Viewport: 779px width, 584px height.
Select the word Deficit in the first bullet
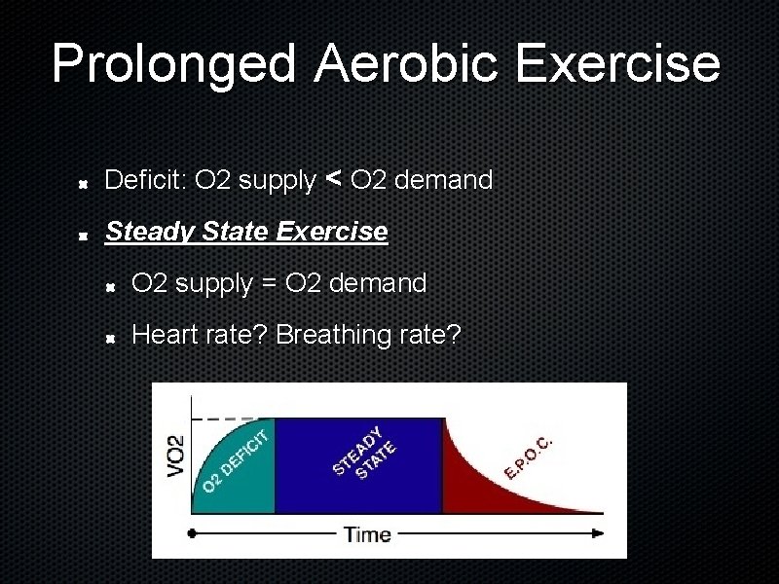click(x=146, y=181)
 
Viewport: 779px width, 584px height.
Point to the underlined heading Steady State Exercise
click(x=246, y=232)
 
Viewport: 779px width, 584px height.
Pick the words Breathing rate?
click(x=369, y=335)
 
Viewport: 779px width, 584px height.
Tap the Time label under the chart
click(x=367, y=533)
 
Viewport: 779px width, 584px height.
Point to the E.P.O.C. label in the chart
click(x=530, y=456)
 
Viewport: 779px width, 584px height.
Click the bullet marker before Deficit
click(x=86, y=182)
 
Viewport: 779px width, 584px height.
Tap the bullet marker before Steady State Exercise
click(x=86, y=234)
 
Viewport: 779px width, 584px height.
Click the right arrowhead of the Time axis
click(x=598, y=533)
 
